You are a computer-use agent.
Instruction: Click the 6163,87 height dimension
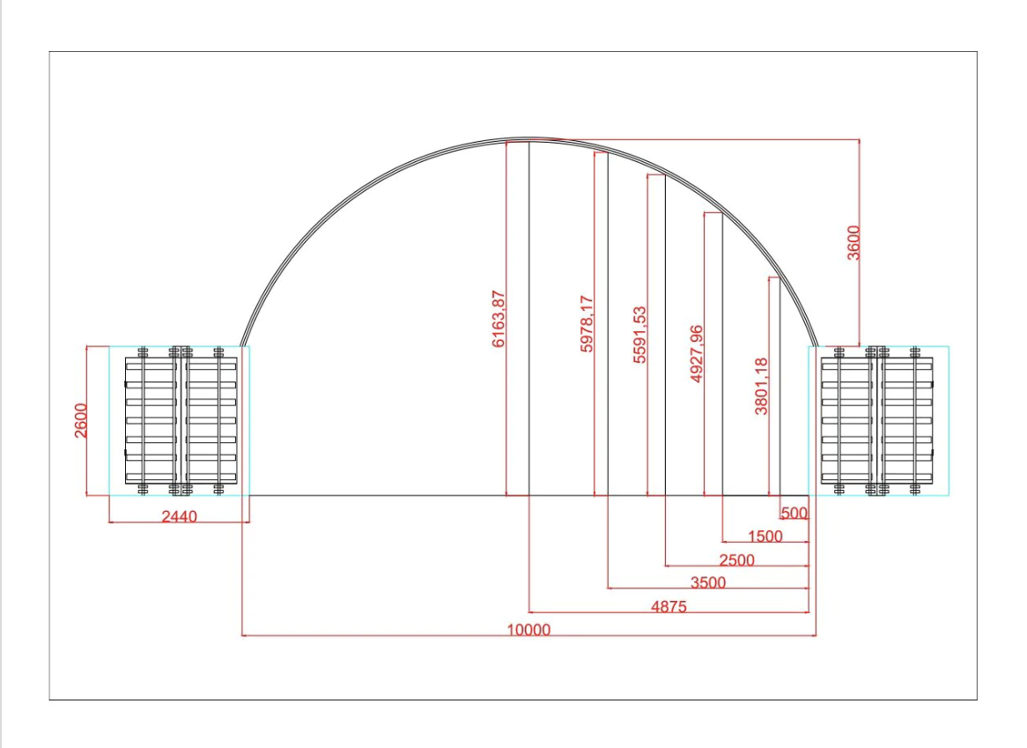point(499,318)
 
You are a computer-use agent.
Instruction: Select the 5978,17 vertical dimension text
point(587,323)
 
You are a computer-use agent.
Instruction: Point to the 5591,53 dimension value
point(639,334)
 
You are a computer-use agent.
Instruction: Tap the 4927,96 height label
point(696,353)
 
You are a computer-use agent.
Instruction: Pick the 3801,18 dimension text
point(761,386)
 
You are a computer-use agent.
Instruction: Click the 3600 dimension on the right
point(853,242)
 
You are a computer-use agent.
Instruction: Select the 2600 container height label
point(80,420)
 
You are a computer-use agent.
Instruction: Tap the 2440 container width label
point(179,516)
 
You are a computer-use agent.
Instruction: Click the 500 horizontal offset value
point(794,513)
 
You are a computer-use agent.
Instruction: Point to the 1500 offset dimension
point(765,536)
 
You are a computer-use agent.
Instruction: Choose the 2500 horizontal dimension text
point(737,560)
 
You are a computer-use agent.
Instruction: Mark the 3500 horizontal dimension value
point(708,582)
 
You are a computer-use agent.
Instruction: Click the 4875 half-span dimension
point(669,606)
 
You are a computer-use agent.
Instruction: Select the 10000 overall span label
point(528,629)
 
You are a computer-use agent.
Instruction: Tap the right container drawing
point(877,420)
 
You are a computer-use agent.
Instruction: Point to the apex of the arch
point(528,139)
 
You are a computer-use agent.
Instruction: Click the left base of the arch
point(242,345)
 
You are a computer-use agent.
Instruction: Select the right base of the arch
point(816,345)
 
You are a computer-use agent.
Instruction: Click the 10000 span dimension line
point(528,635)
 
